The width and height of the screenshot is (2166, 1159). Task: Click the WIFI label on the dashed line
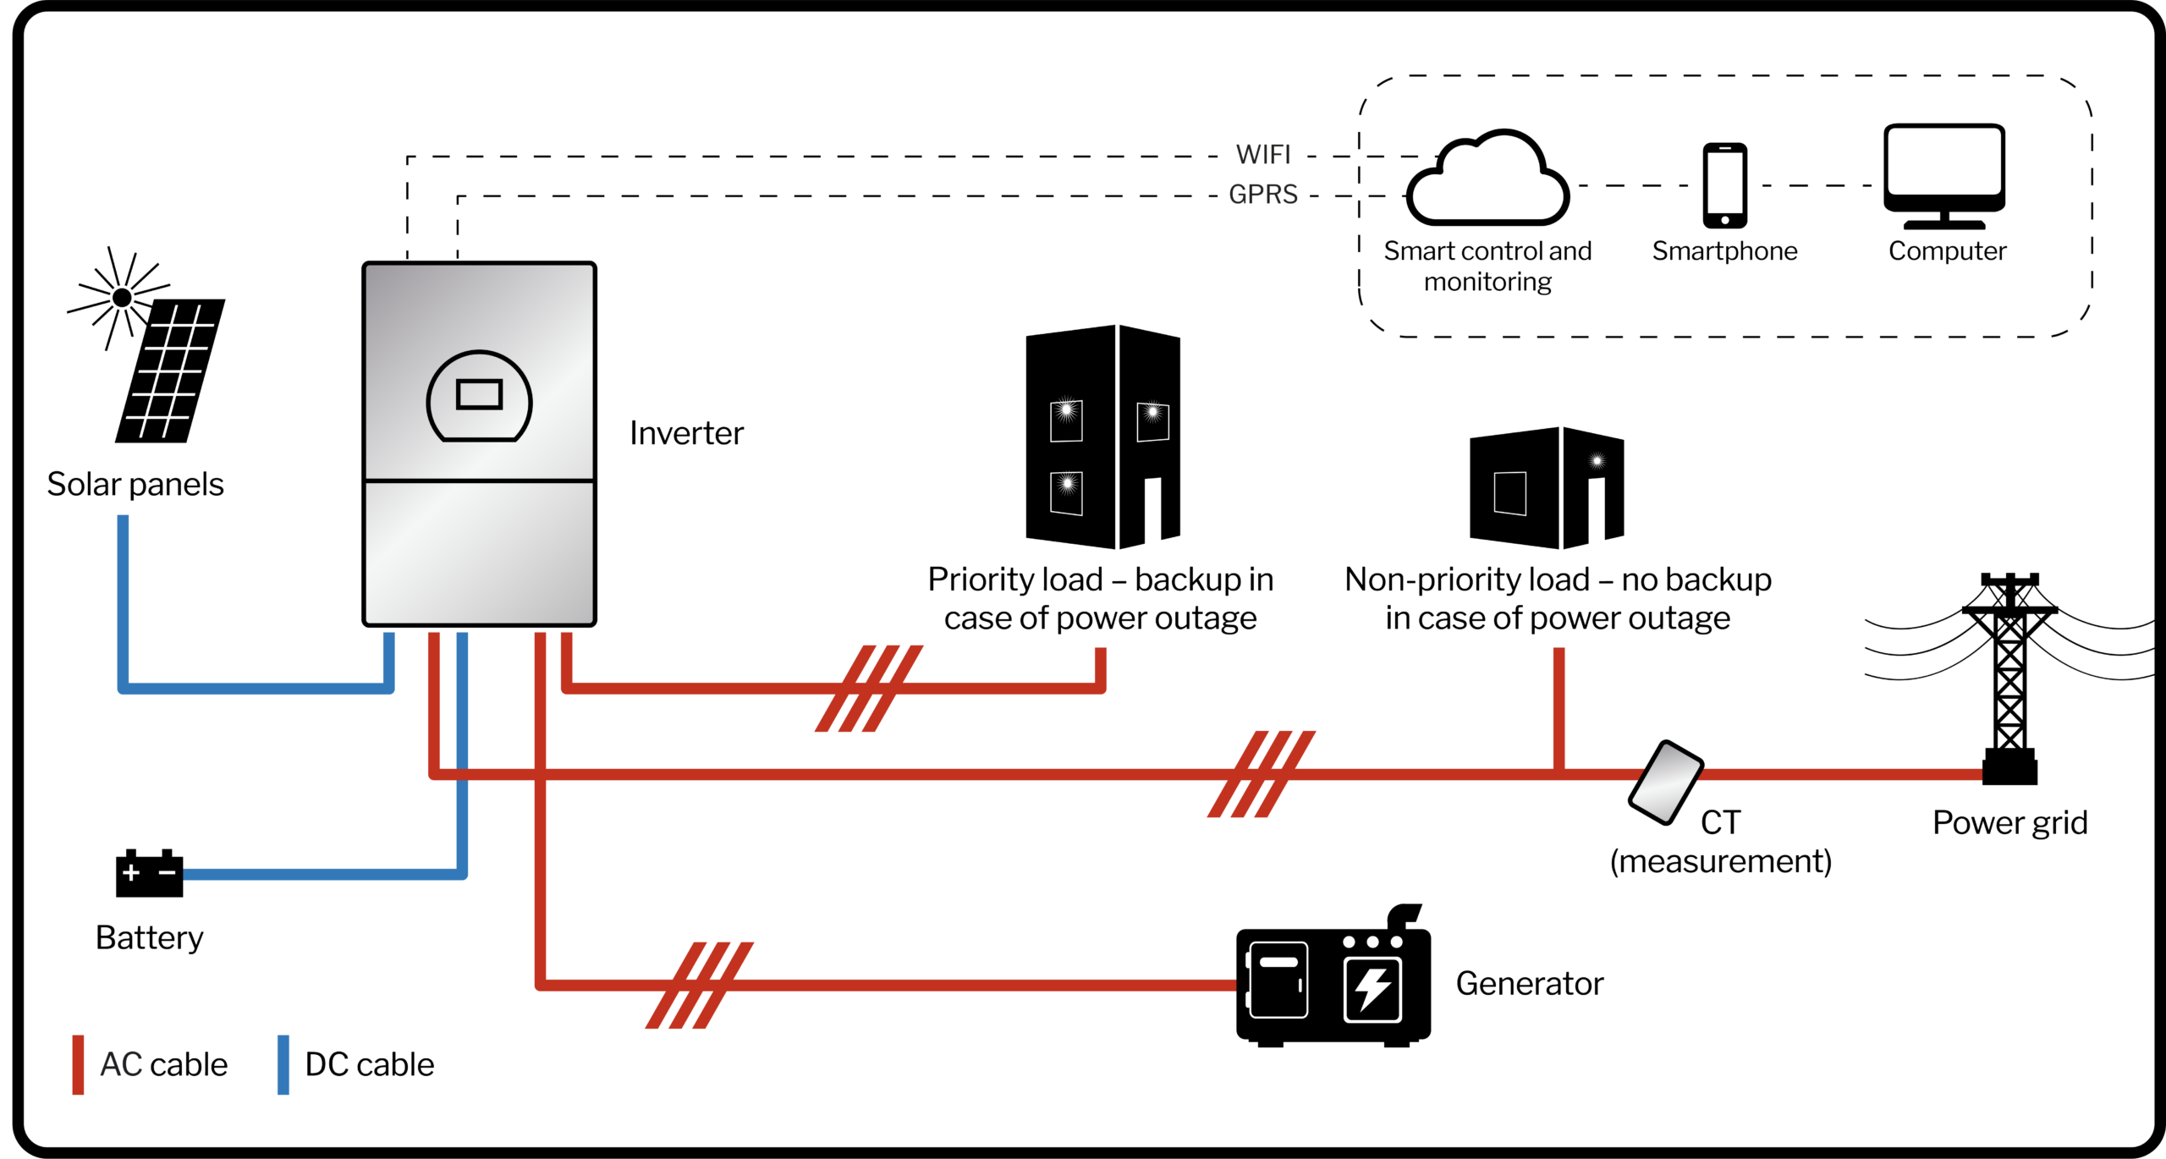pos(1263,155)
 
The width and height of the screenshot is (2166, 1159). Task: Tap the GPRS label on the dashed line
pos(1263,195)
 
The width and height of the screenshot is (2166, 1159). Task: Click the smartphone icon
pos(1725,185)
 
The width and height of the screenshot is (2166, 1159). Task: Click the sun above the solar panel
pos(122,298)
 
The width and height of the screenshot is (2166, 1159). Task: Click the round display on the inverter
pos(479,396)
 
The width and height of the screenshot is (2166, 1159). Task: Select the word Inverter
pos(686,433)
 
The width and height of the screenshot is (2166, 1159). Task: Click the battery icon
pos(149,873)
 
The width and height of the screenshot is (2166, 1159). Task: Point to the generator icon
pos(1333,981)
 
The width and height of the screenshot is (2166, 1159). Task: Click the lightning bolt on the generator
pos(1372,987)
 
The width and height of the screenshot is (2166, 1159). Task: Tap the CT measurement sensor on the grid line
pos(1665,783)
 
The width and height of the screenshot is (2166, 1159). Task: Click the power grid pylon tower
pos(2009,677)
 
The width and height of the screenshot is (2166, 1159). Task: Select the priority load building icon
pos(1102,437)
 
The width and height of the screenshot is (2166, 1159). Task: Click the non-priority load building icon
pos(1547,488)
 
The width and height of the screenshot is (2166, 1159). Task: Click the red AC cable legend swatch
pos(78,1064)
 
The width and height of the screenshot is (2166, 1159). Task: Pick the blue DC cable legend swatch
pos(283,1064)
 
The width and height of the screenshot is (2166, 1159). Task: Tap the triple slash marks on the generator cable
pos(699,985)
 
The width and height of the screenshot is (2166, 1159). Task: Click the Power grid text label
pos(2009,822)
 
